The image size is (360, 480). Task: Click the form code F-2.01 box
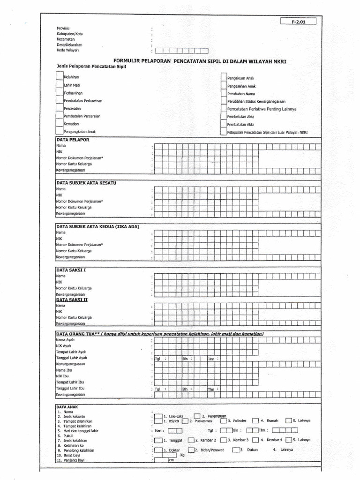[298, 21]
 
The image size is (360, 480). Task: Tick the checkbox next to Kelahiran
[60, 75]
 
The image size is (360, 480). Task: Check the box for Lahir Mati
[60, 84]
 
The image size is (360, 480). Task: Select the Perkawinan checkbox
[60, 93]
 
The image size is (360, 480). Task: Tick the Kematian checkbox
[60, 124]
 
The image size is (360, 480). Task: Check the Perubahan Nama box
[224, 93]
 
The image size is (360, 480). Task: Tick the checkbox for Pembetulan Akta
[224, 116]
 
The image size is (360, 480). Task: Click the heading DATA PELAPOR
[72, 140]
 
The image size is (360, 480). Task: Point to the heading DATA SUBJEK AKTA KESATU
[85, 182]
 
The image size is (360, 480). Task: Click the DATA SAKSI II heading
[72, 299]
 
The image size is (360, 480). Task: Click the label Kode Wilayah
[68, 50]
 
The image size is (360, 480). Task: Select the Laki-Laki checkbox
[158, 416]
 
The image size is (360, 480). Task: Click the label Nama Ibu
[65, 370]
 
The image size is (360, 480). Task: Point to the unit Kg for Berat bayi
[182, 454]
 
